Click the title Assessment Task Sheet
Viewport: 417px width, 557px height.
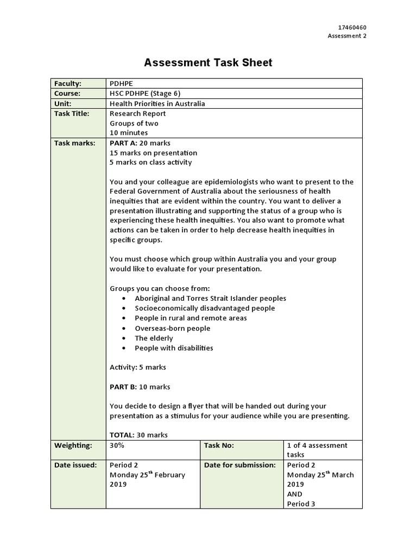[x=208, y=63]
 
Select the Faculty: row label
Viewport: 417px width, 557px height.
[x=67, y=84]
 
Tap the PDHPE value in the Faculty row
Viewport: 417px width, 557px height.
[x=121, y=84]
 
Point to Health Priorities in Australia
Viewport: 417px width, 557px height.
[x=157, y=103]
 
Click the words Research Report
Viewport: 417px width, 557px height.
[x=138, y=114]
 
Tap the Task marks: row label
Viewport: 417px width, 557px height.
[x=74, y=143]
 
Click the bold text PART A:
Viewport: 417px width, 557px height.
[x=123, y=143]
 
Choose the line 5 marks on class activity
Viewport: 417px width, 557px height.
[x=150, y=162]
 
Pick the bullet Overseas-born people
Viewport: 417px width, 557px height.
[x=172, y=328]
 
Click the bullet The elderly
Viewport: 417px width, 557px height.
[x=154, y=338]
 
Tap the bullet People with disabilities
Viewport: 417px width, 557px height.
[x=174, y=348]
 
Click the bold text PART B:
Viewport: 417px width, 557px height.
[x=123, y=387]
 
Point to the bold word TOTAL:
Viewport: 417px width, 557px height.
[x=122, y=435]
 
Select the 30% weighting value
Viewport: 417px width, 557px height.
[x=117, y=445]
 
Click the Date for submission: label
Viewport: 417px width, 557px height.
[x=240, y=465]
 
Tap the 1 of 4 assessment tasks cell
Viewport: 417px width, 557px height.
[x=317, y=449]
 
